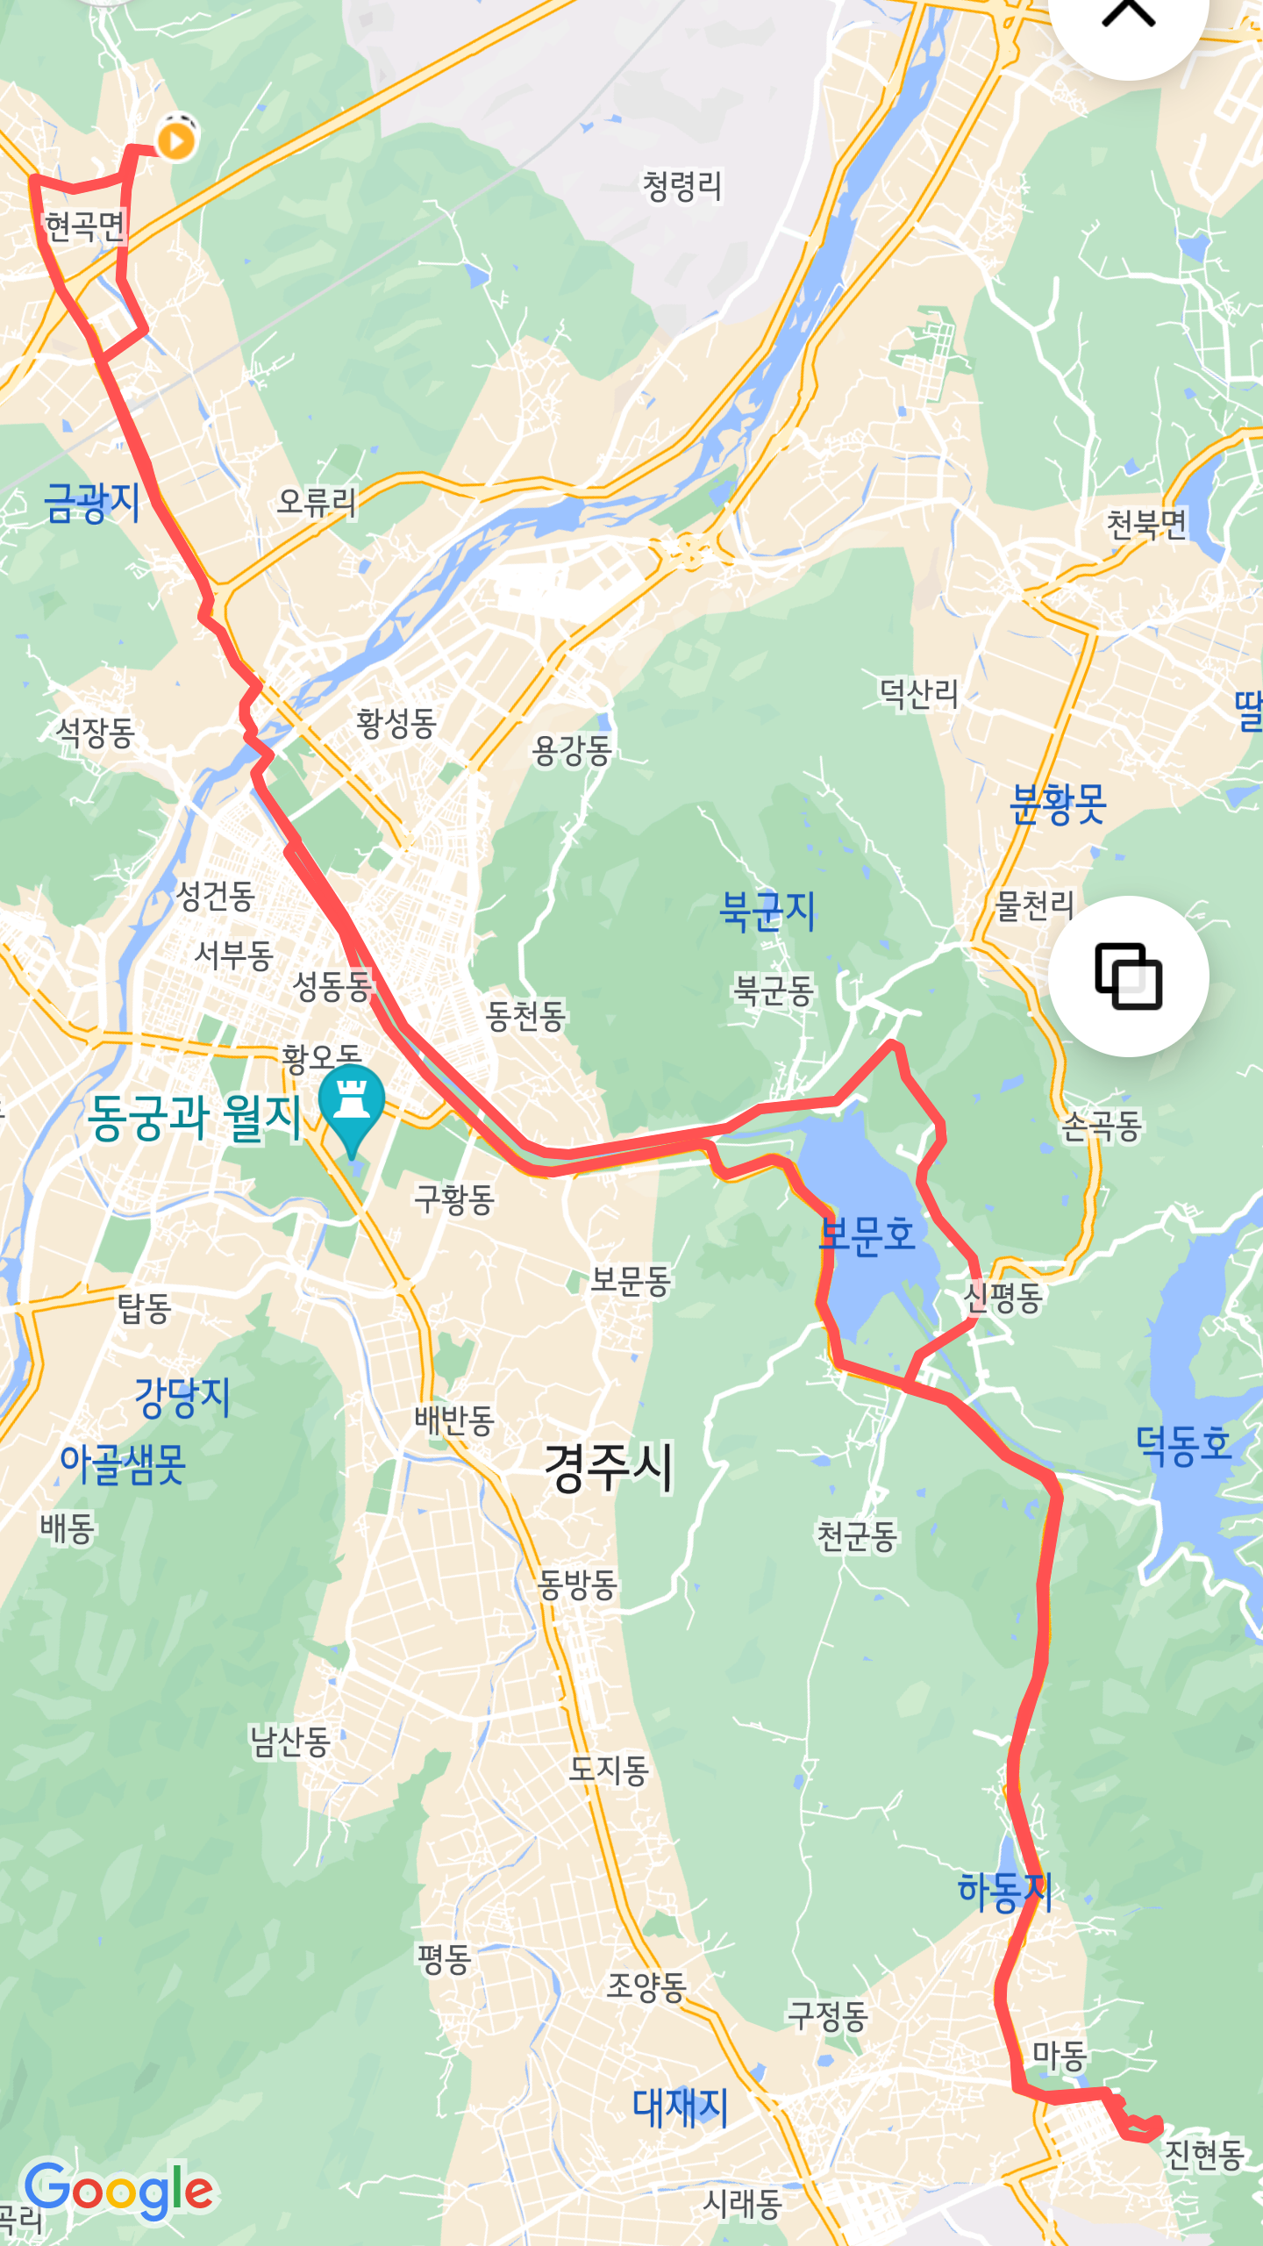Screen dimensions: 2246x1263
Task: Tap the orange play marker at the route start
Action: (x=176, y=139)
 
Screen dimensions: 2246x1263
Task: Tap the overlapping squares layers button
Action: (x=1128, y=976)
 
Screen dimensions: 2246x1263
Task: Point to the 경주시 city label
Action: (x=609, y=1468)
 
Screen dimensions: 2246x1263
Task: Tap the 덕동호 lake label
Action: (x=1183, y=1444)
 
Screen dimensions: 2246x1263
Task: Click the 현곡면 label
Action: (x=84, y=226)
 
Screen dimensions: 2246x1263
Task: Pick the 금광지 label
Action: (x=92, y=504)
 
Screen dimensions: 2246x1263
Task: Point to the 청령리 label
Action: (x=682, y=186)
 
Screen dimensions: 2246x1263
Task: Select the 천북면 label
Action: (x=1145, y=525)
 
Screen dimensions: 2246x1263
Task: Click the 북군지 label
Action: (x=767, y=911)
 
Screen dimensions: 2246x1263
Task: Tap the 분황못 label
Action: (x=1058, y=805)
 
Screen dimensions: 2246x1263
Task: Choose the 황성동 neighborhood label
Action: (x=396, y=724)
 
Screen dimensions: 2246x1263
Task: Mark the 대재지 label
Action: (x=681, y=2107)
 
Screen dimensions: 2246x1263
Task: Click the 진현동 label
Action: (x=1203, y=2154)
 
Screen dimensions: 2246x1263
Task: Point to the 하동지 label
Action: (x=1004, y=1892)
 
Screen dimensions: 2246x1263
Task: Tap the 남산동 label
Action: (x=289, y=1742)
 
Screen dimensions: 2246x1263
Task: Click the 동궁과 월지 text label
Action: (x=195, y=1118)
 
